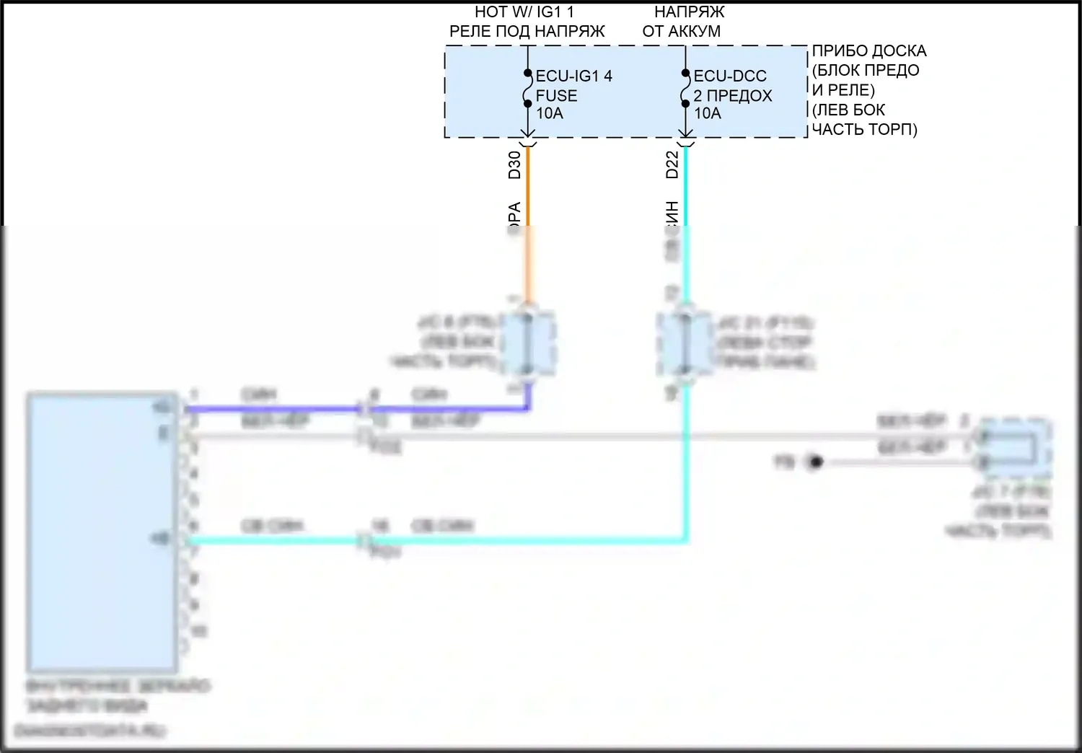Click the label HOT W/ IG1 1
tap(524, 12)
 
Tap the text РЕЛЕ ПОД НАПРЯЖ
tap(527, 32)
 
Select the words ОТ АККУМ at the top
tap(681, 32)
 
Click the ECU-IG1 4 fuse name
tap(573, 76)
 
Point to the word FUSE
tap(556, 95)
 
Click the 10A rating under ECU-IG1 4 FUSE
tap(549, 113)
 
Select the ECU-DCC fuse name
tap(729, 76)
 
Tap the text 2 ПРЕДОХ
tap(732, 95)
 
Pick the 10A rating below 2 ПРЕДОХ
tap(707, 113)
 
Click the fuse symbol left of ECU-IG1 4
tap(528, 89)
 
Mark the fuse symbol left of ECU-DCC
tap(685, 89)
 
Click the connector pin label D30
tap(514, 164)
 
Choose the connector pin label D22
tap(672, 164)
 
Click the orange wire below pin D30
tap(528, 195)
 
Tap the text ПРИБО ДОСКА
tap(868, 51)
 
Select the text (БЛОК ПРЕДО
tap(865, 71)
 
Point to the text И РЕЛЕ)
tap(843, 90)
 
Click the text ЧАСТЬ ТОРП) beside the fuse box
tap(864, 130)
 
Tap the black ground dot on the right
tap(815, 462)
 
